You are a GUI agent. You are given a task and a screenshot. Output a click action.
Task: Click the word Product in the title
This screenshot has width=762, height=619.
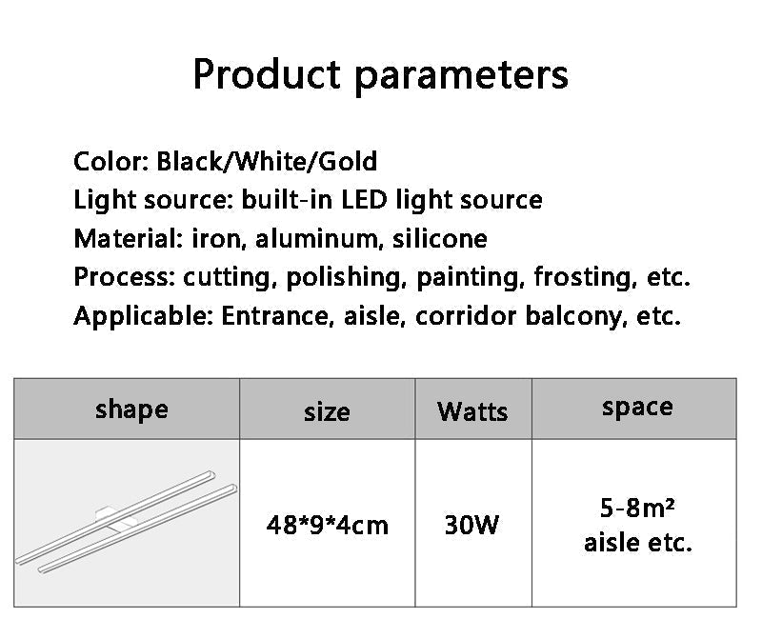(266, 73)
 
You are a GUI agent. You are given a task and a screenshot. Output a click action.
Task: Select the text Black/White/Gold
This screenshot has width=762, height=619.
(267, 161)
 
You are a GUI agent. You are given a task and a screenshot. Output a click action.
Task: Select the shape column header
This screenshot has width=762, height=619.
(131, 409)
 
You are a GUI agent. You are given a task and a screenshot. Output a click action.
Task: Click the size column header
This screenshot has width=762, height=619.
(327, 411)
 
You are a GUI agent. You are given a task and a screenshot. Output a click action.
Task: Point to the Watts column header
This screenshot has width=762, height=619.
(472, 411)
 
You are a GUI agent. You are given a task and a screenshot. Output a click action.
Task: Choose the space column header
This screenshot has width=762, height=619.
(637, 408)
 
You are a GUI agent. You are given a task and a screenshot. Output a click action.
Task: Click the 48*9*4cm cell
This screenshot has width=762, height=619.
(327, 525)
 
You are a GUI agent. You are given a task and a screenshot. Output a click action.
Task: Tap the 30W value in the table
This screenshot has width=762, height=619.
(471, 525)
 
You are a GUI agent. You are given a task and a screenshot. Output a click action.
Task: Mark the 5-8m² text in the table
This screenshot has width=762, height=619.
(637, 508)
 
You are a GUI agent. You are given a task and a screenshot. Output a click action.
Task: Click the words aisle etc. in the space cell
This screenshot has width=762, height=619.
(637, 543)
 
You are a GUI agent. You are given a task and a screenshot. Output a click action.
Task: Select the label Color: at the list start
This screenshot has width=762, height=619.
(110, 161)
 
